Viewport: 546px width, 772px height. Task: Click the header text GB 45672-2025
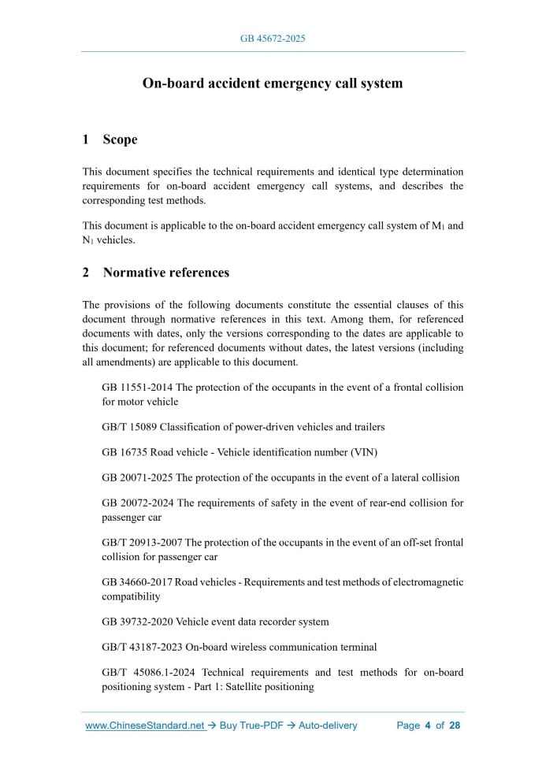pos(272,38)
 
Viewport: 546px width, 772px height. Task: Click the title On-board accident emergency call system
pos(272,83)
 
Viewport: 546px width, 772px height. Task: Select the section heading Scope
pos(120,139)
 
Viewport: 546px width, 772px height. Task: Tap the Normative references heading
pos(166,273)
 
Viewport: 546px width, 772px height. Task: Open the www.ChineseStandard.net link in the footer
pos(145,726)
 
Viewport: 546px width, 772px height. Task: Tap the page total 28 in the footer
pos(455,726)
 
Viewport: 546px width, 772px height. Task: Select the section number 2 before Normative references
pos(86,273)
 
